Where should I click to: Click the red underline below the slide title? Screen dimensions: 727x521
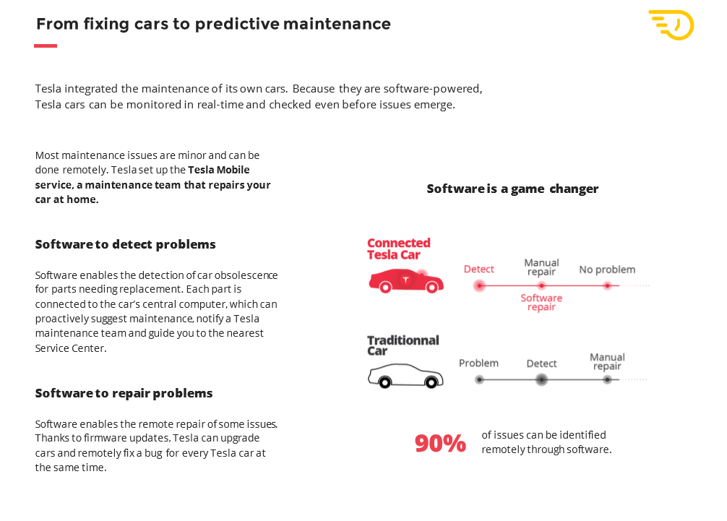[46, 46]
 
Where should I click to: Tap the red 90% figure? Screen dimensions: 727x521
[440, 443]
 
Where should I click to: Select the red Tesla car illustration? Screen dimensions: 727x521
[406, 281]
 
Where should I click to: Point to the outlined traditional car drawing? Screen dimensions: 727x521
[405, 376]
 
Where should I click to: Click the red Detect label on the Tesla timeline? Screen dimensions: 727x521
[479, 270]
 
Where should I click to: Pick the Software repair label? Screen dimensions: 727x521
[541, 302]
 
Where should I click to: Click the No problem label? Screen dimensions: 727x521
[607, 270]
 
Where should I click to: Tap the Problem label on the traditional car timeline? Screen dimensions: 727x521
[478, 363]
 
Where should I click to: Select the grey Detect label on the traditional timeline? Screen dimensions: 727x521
[541, 364]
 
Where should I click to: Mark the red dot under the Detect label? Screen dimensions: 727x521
[479, 285]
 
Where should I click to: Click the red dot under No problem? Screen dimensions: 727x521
[607, 286]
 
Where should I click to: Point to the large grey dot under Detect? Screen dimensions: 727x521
[541, 379]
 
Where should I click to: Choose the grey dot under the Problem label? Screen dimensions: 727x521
[479, 379]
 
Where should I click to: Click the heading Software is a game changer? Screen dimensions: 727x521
[512, 189]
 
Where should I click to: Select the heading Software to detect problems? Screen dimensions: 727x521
[125, 245]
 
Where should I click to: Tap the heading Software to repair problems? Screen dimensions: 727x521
[124, 394]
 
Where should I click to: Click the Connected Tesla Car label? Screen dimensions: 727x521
[399, 249]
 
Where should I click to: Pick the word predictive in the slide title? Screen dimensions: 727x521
[237, 24]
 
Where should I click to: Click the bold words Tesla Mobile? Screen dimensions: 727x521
[218, 170]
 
